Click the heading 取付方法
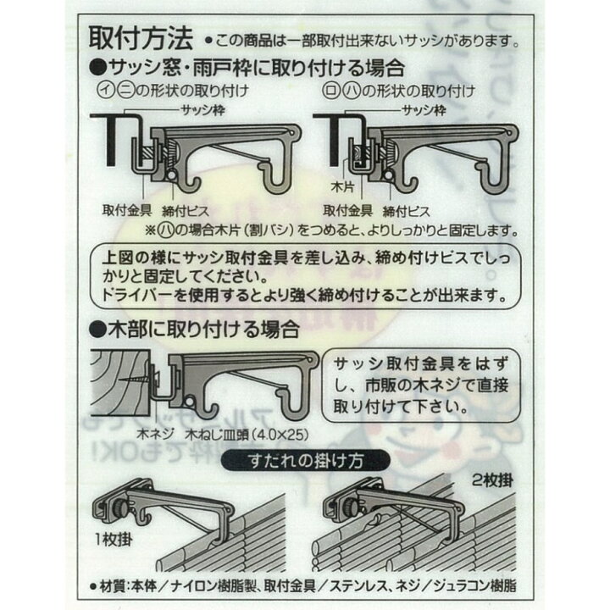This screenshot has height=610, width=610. pos(141,38)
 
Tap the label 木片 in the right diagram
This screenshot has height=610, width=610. pos(342,187)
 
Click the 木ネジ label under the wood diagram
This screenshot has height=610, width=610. pos(155,434)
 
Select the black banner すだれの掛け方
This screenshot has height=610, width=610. pos(305,461)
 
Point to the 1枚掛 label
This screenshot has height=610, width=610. pos(114,540)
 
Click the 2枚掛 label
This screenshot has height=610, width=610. pos(492,480)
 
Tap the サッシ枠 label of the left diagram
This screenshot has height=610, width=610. pos(203,110)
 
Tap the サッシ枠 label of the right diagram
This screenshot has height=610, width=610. pos(424,110)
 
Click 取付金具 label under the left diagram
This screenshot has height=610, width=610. pos(127,210)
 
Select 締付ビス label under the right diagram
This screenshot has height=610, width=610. pos(407,211)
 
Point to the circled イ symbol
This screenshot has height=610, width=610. pos(105,91)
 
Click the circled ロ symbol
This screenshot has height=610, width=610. pos(330,91)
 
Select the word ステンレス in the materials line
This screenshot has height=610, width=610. pos(358,586)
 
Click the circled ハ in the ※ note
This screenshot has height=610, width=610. pos(165,230)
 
